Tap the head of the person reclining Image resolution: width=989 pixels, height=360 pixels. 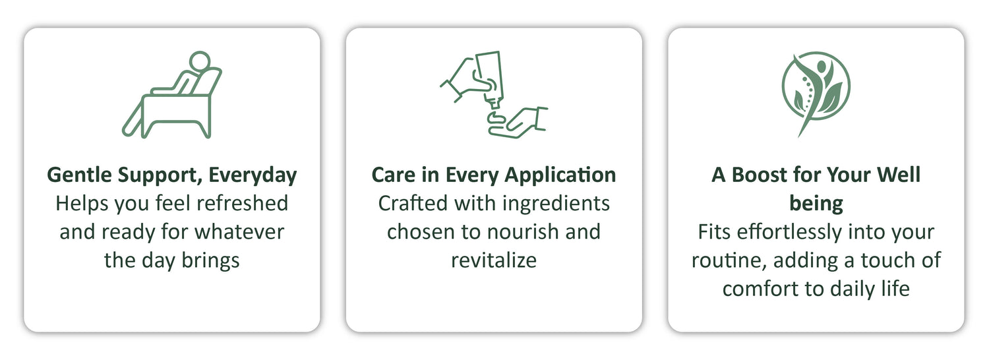[x=200, y=61]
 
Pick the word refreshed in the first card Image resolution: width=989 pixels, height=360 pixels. [x=243, y=204]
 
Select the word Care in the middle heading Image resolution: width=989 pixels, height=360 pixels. [x=394, y=175]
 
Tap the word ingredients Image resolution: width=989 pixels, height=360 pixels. [x=556, y=204]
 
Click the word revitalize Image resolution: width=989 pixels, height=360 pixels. [x=494, y=260]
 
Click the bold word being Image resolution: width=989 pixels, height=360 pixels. [x=816, y=204]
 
